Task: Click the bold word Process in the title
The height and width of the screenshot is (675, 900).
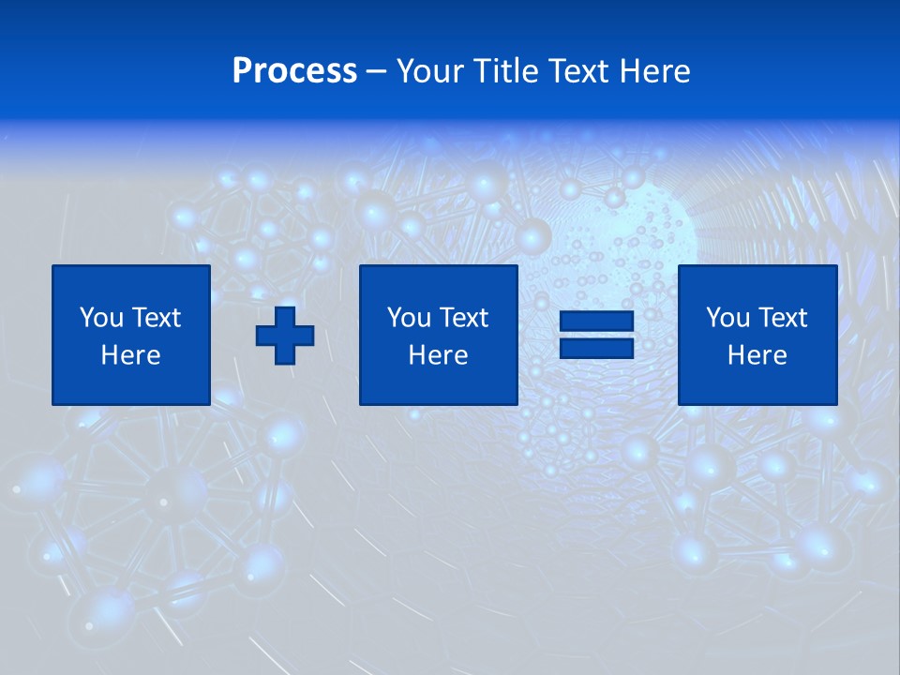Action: tap(294, 71)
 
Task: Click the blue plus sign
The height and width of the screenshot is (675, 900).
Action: tap(285, 336)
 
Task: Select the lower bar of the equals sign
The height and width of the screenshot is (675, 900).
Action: tap(596, 348)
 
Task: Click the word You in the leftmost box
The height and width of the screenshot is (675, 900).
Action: tap(100, 318)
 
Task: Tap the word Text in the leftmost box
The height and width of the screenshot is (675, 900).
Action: tap(156, 318)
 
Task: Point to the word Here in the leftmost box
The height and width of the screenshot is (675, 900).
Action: tap(131, 355)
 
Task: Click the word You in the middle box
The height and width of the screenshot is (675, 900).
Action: tap(408, 318)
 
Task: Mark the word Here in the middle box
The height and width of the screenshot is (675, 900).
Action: tap(439, 355)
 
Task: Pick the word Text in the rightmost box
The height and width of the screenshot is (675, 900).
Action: tap(782, 318)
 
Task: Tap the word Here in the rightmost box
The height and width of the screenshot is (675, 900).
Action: tap(757, 355)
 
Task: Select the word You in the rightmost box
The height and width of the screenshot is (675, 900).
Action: tap(727, 318)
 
